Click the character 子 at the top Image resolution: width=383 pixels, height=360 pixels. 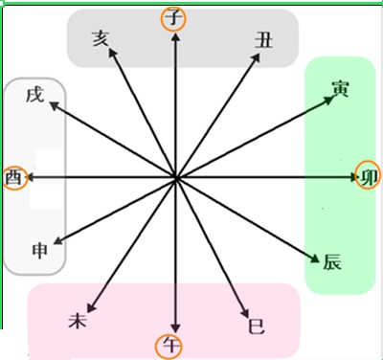point(174,18)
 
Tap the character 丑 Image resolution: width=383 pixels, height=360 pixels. point(264,40)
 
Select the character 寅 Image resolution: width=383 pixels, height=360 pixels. point(340,89)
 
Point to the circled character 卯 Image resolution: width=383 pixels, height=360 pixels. point(369,177)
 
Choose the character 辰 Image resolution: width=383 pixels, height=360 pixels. point(332,262)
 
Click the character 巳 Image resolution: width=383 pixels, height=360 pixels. point(257,326)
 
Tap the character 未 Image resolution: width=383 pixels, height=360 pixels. point(78,320)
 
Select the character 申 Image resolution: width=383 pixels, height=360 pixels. point(40,251)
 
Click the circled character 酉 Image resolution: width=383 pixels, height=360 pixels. point(13,177)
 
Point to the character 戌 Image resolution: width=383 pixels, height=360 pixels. point(34,95)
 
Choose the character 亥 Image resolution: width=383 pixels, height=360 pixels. point(101,39)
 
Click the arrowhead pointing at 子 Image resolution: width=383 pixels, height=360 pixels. point(175,37)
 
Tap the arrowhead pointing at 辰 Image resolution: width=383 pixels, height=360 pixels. point(315,259)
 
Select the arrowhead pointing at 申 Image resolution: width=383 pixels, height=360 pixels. point(58,241)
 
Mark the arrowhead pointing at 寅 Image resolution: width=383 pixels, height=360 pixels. point(328,100)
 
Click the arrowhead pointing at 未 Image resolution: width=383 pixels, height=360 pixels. point(92,307)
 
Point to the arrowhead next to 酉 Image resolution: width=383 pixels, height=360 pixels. point(30,177)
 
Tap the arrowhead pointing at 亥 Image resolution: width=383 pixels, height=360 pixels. point(112,53)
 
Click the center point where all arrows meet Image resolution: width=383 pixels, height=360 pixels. point(175,177)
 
